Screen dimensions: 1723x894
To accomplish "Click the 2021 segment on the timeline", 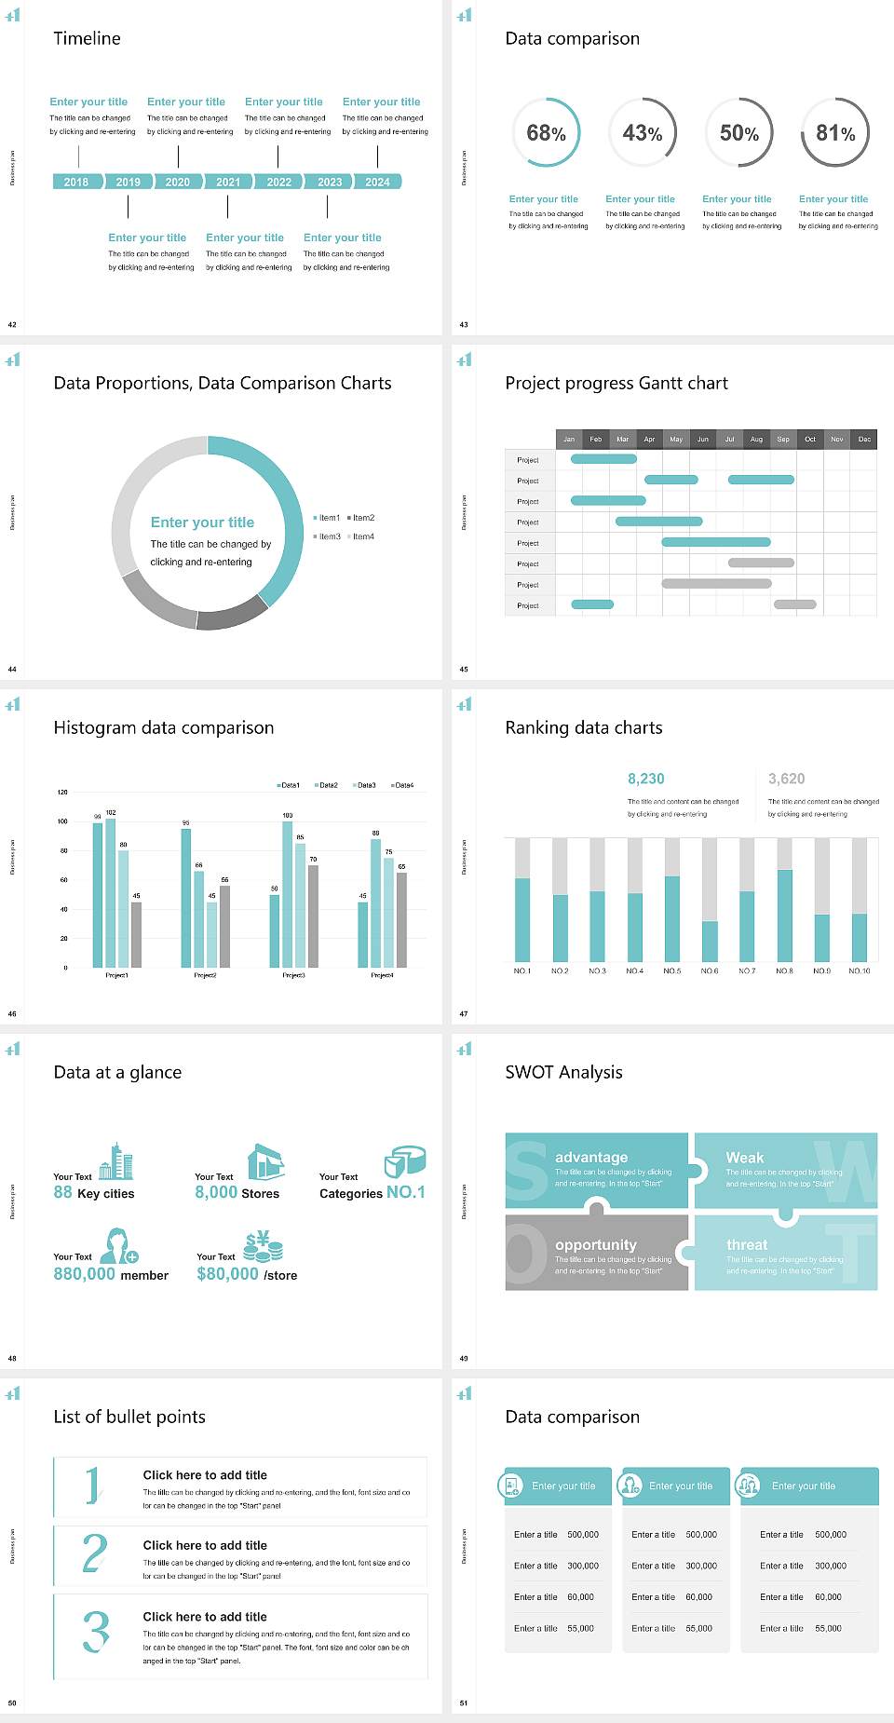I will (x=228, y=182).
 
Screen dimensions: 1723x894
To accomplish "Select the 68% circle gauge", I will (x=547, y=133).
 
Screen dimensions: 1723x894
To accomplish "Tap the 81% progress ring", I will (x=835, y=133).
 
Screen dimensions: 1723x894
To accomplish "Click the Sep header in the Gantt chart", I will (x=783, y=439).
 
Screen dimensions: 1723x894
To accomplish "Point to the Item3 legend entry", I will (x=328, y=536).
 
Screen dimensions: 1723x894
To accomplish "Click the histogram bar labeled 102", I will (x=111, y=889).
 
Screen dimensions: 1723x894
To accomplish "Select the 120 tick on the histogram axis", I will (x=62, y=792).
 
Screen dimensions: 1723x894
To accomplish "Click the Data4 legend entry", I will (x=402, y=785).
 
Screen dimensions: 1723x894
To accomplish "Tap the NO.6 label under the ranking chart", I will (x=710, y=970).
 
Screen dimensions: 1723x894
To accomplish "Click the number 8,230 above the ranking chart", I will (x=646, y=779).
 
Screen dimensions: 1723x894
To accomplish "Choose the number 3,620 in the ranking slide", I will (x=787, y=779).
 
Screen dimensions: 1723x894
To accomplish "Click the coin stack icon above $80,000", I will (x=263, y=1245).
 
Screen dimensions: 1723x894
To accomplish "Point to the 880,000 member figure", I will (x=85, y=1274).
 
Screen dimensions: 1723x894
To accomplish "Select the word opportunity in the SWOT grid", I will (x=596, y=1245).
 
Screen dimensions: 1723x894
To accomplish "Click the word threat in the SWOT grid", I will (x=747, y=1245).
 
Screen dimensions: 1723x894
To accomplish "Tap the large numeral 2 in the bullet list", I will (x=94, y=1553).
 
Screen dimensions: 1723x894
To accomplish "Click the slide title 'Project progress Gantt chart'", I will (x=616, y=383).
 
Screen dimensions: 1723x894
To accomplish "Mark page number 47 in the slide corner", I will (x=464, y=1013).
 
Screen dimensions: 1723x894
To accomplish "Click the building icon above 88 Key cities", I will (x=116, y=1161).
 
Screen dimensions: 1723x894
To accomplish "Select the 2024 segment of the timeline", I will (x=378, y=182).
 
